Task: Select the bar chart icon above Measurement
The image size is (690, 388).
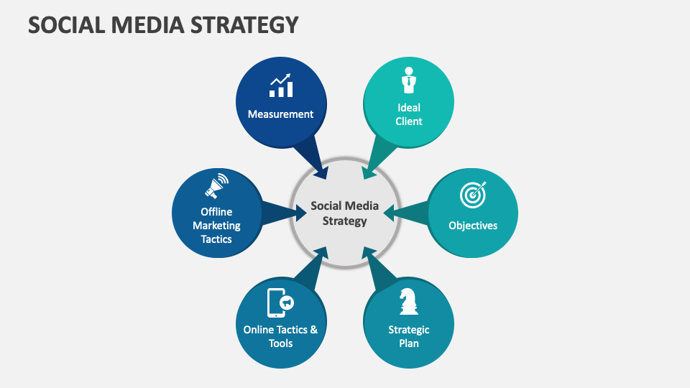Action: tap(280, 86)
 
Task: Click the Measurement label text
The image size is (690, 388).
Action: tap(280, 114)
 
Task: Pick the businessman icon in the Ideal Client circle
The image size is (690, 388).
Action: tap(409, 80)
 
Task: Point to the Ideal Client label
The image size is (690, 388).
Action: tap(409, 114)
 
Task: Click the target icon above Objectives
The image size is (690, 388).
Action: tap(473, 194)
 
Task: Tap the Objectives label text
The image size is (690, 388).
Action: tap(473, 226)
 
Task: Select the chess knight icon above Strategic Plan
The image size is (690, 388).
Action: tap(409, 301)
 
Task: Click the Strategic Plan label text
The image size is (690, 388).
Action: tap(409, 336)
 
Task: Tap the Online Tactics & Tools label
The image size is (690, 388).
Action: tap(280, 336)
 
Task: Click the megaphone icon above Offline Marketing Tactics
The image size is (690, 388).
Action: tap(216, 185)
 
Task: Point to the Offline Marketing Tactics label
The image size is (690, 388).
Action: tap(216, 226)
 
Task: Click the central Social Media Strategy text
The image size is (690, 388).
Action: tap(344, 213)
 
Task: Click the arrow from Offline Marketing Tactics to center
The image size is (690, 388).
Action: tap(282, 213)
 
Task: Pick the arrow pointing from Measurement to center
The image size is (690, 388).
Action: tap(313, 158)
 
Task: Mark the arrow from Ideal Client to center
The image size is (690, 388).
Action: tap(378, 159)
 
